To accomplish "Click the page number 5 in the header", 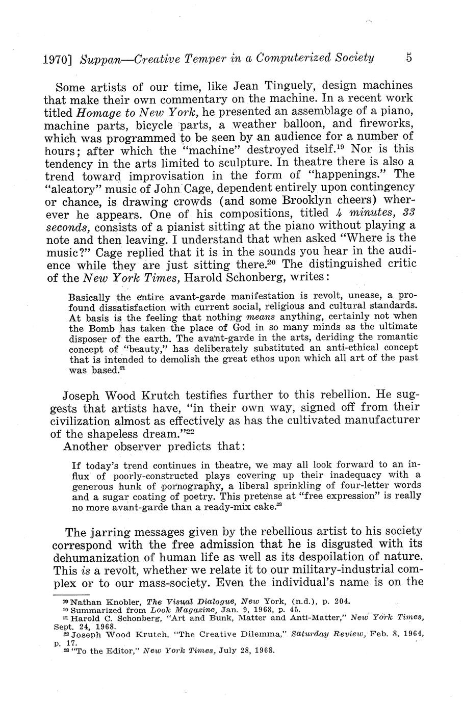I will (x=409, y=57).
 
